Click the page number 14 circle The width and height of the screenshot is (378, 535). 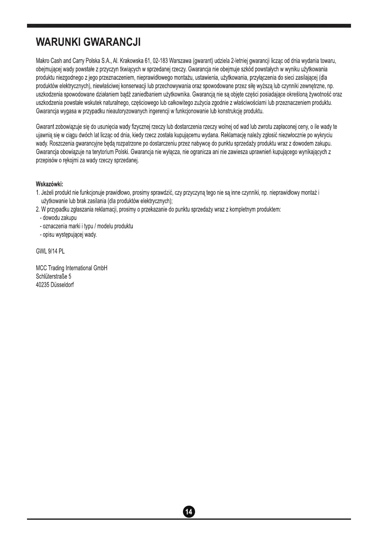(189, 511)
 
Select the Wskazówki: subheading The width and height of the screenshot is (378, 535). (50, 184)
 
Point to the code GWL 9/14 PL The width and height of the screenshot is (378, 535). (51, 251)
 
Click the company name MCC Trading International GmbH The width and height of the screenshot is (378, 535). (72, 268)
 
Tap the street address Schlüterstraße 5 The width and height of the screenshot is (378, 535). (53, 276)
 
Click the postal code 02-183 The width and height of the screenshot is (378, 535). (160, 61)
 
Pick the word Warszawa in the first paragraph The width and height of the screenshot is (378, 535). (180, 61)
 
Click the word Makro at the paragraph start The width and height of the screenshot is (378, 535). (43, 61)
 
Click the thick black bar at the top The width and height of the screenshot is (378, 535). (189, 26)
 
